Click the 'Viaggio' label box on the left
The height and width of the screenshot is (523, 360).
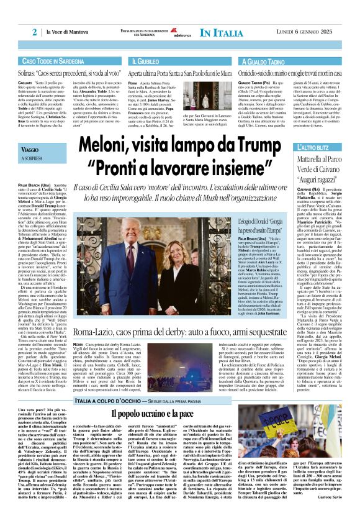(32, 151)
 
